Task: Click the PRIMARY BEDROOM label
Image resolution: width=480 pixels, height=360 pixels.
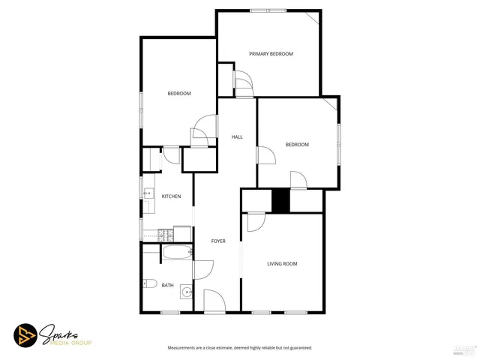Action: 271,54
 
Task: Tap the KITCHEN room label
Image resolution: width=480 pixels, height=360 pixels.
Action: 171,196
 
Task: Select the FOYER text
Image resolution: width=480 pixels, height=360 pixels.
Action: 218,241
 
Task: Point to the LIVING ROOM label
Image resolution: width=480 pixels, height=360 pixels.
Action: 283,264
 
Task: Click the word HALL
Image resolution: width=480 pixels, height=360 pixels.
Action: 237,137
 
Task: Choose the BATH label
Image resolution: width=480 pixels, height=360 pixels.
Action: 167,285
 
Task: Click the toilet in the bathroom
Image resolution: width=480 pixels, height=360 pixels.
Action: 148,284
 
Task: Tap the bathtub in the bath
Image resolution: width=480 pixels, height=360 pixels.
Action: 178,253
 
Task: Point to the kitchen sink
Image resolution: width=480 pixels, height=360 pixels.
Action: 147,193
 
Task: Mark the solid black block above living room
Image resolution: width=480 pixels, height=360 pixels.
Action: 280,201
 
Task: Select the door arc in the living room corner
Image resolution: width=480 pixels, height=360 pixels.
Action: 254,221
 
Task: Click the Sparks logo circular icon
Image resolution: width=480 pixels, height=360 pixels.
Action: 25,334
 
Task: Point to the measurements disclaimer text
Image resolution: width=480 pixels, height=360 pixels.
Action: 239,348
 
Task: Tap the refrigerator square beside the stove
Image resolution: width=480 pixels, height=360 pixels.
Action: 182,232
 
